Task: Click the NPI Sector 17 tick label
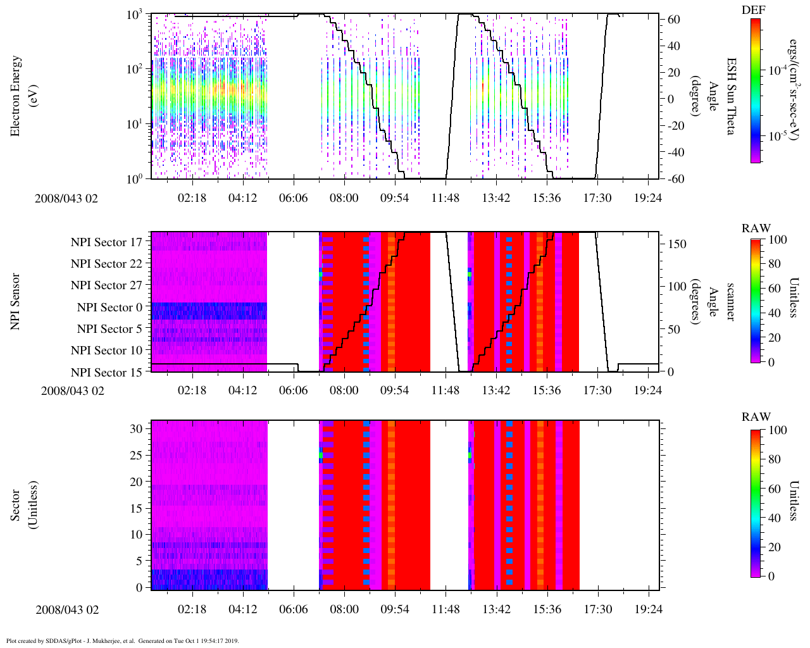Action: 106,242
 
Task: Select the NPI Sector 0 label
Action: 109,308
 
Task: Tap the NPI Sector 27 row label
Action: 106,285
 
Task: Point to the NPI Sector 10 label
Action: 106,351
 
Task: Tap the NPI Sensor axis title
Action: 16,301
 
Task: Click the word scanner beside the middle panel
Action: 731,301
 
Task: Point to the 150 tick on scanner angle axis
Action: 677,244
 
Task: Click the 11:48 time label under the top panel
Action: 445,198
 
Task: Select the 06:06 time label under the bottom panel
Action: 294,609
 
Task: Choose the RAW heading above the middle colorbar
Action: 756,228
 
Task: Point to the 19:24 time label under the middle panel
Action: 648,390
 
